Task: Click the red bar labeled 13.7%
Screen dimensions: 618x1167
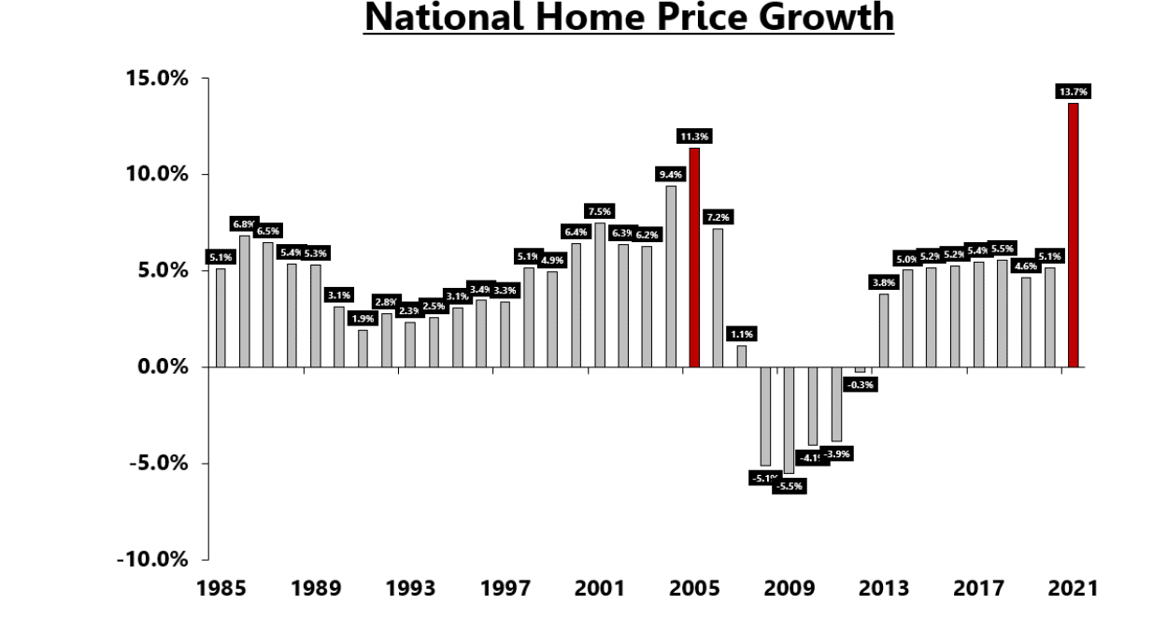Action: (1074, 235)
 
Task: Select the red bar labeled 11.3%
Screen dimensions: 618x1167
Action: (694, 257)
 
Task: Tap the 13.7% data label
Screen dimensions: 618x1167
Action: (1074, 92)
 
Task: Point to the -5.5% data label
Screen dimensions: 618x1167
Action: (789, 486)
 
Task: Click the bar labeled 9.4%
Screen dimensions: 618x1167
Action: (671, 276)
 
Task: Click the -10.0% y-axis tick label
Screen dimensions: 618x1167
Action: (152, 560)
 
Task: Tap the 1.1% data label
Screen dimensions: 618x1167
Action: (742, 334)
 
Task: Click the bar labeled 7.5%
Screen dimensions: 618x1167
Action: (600, 295)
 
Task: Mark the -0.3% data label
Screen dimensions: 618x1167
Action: (860, 383)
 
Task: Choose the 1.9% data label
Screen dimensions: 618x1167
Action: (363, 319)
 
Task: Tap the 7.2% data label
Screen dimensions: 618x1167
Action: (718, 217)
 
